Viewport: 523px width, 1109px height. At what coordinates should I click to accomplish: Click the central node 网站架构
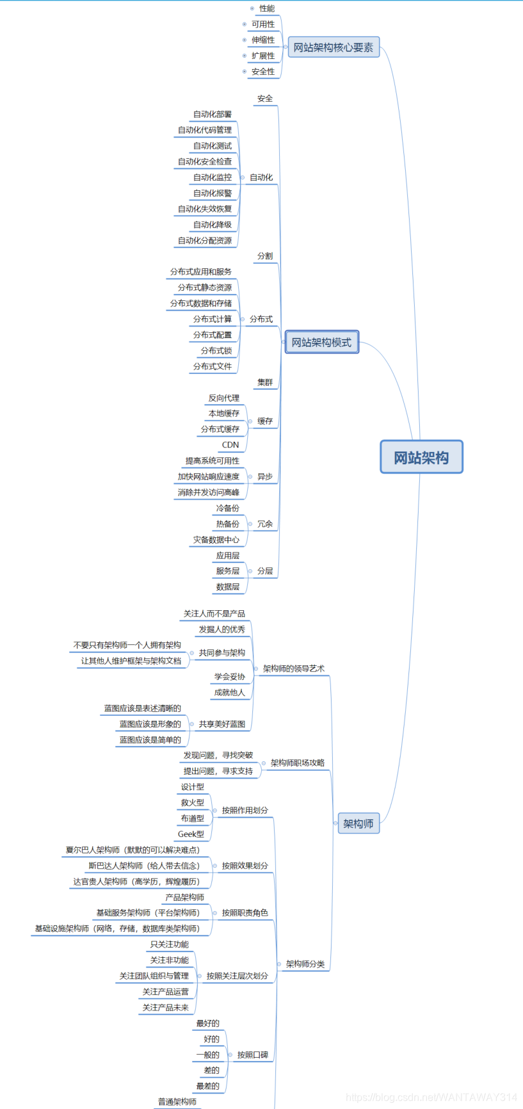(421, 457)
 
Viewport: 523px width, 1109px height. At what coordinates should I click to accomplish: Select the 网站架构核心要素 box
(334, 47)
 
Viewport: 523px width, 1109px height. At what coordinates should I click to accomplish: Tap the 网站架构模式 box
(321, 343)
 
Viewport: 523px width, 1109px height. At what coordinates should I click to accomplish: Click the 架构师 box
(358, 823)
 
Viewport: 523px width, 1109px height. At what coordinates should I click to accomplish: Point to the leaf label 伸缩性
(263, 40)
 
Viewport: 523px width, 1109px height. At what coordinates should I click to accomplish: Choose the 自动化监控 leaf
(213, 177)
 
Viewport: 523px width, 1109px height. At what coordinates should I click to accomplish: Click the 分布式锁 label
(216, 350)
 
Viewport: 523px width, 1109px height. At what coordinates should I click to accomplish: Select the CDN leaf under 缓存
(230, 444)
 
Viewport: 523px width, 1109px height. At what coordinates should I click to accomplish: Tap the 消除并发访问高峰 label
(209, 492)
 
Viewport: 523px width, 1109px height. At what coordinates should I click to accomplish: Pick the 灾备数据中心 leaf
(216, 540)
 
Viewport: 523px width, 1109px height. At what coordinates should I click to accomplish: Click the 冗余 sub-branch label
(265, 524)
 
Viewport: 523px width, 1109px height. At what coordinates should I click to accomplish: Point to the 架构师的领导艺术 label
(294, 668)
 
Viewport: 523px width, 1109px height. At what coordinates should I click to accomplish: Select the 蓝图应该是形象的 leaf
(150, 724)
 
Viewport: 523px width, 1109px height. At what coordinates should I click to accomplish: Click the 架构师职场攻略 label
(298, 763)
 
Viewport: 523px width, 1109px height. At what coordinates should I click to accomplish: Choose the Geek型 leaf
(191, 834)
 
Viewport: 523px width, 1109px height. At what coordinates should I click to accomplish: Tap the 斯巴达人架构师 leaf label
(144, 866)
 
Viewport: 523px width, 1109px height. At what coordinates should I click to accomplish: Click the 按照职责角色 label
(245, 912)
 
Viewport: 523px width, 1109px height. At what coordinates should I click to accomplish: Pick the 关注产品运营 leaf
(166, 992)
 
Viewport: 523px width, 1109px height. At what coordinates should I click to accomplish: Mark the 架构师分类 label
(305, 964)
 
